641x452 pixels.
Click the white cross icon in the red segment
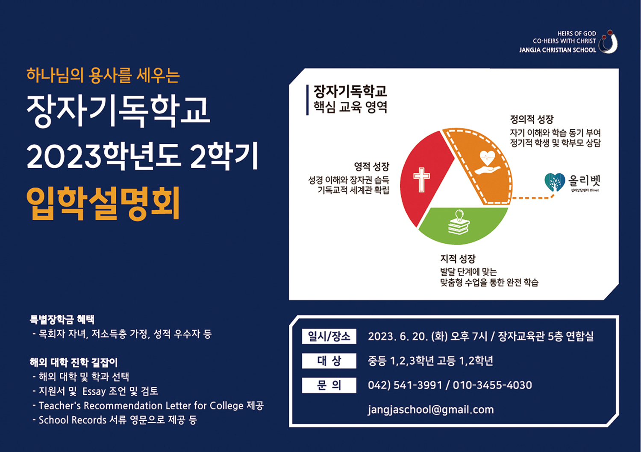tap(421, 180)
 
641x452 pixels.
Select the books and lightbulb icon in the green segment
tap(459, 222)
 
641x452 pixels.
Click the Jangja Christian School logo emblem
tap(608, 42)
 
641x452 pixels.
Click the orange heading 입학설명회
tap(103, 203)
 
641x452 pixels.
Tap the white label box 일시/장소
tap(329, 336)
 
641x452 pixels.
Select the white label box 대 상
tap(329, 361)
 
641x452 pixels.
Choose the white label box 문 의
tap(329, 385)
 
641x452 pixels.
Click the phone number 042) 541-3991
tap(405, 385)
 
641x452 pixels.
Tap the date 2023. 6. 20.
tap(398, 336)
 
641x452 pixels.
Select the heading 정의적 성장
tap(532, 119)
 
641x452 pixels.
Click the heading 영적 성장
tap(372, 166)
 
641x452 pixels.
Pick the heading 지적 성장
tap(458, 259)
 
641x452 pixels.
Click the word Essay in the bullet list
tap(94, 391)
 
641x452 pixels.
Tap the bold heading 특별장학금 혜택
tap(62, 319)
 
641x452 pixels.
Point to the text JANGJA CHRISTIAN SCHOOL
tap(558, 50)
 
